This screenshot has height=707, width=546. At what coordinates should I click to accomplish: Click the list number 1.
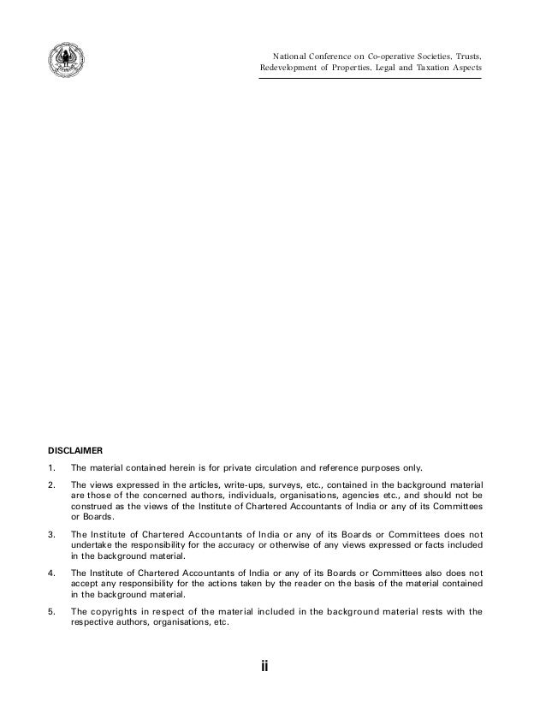(x=51, y=467)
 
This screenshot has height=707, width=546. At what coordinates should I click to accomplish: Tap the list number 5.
(x=51, y=611)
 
